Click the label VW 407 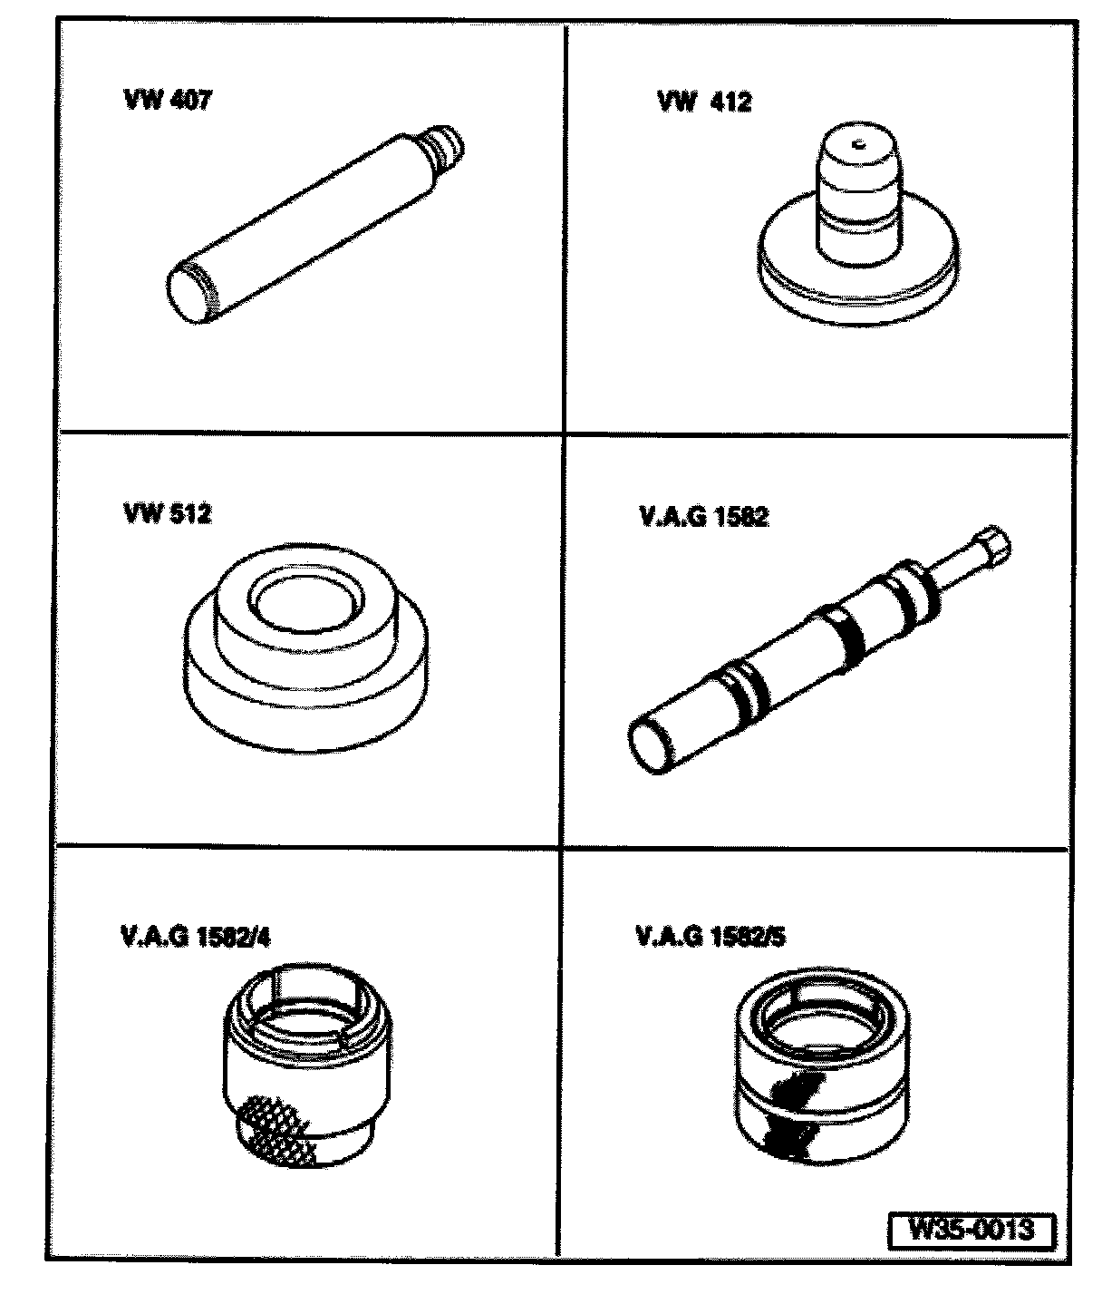tap(168, 100)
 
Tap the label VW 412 tap(704, 102)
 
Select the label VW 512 tap(168, 513)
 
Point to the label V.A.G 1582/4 tap(196, 938)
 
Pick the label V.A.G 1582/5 tap(710, 937)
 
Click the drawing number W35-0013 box tap(971, 1230)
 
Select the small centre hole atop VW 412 tap(858, 145)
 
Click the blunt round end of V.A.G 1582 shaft tap(649, 748)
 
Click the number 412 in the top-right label tap(730, 102)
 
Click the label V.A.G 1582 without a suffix tap(703, 517)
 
